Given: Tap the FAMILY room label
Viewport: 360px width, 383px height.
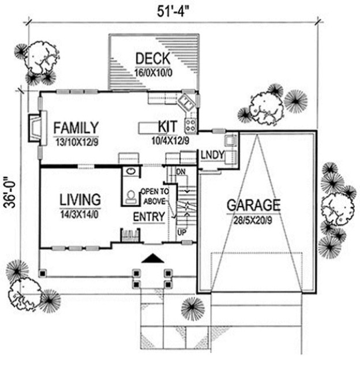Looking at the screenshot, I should tap(76, 127).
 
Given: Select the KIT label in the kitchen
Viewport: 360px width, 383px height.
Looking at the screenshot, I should tap(167, 127).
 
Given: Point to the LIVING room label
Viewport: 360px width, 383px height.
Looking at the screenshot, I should tap(81, 200).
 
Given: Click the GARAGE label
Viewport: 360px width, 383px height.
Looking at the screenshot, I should tap(253, 205).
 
